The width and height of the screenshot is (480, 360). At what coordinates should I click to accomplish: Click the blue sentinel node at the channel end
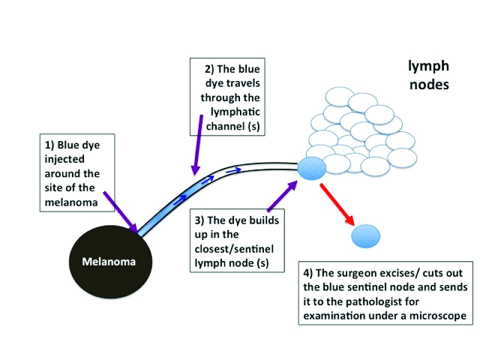click(311, 168)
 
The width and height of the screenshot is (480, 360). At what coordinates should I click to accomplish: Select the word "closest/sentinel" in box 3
click(231, 250)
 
